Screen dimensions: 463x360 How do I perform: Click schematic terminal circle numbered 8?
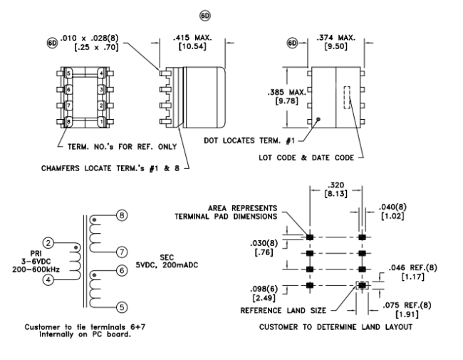[x=122, y=215]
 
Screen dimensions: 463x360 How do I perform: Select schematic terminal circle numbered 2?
[x=48, y=243]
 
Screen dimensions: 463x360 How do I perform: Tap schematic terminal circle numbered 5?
[x=122, y=307]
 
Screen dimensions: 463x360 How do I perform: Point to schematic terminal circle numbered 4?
[x=48, y=279]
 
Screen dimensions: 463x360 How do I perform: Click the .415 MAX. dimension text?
[x=192, y=38]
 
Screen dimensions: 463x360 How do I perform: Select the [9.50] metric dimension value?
[x=335, y=47]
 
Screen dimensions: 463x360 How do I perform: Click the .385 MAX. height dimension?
[x=287, y=93]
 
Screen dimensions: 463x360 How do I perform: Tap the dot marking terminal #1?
[x=318, y=120]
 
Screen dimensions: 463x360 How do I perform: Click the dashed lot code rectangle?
[x=347, y=98]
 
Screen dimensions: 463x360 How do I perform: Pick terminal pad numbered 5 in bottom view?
[x=68, y=73]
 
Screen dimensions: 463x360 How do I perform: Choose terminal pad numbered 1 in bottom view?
[x=102, y=121]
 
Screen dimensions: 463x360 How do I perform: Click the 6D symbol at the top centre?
[x=205, y=16]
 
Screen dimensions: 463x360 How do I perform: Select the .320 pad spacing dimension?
[x=335, y=185]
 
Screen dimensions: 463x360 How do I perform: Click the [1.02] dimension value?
[x=392, y=216]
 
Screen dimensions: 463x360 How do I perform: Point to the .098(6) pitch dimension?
[x=264, y=289]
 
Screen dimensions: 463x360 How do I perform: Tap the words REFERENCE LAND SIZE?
[x=283, y=311]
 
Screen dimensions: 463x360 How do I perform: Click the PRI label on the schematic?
[x=36, y=254]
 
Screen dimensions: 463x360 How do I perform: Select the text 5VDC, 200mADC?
[x=167, y=264]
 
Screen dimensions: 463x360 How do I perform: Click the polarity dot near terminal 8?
[x=94, y=220]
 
